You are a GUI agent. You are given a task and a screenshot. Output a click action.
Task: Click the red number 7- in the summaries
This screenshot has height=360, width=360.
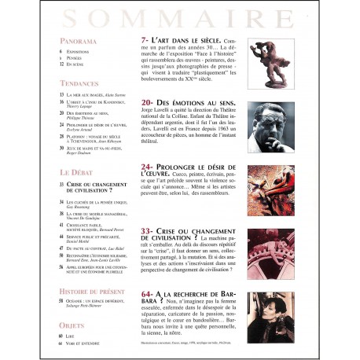[144, 39]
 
